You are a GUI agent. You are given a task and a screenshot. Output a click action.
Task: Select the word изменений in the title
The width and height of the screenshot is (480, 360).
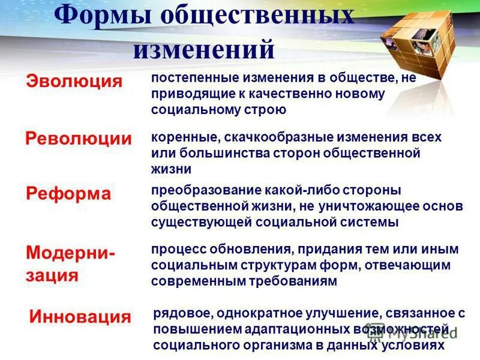coord(203,49)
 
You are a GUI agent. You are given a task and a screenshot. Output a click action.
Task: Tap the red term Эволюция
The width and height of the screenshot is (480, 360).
coord(74,82)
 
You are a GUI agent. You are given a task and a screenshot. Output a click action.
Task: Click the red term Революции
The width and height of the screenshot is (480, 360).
coord(79,139)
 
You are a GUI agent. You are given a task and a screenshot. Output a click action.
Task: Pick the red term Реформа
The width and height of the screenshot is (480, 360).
coord(69,194)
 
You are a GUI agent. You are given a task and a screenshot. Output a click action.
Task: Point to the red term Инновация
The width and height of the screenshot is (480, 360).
coord(80,317)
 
